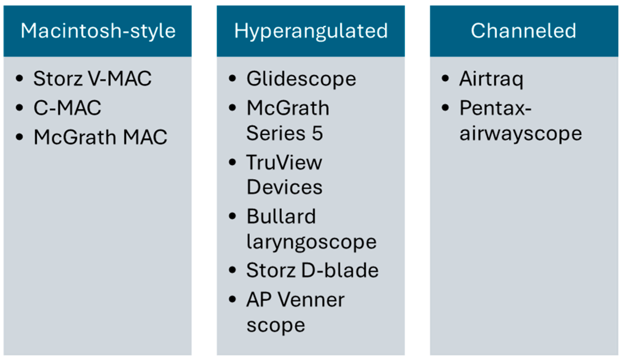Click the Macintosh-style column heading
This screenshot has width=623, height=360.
coord(98,31)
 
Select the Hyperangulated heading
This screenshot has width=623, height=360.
coord(311,31)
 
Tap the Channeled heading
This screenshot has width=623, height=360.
coord(523,31)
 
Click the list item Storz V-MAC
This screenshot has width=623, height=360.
coord(92,79)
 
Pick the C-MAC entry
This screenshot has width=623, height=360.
coord(67,108)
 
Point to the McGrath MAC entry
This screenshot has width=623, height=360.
coord(100,137)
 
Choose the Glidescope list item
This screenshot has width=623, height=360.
coord(301,79)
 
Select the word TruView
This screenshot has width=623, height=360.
coord(284,162)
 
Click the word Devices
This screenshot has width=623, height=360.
coord(284,187)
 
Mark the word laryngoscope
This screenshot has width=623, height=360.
coord(311,242)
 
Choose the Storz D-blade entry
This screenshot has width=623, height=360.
coord(312,270)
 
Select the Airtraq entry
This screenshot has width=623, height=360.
coord(491,79)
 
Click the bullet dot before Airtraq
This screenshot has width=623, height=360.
coord(445,78)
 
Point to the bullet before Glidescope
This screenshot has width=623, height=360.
coord(232,78)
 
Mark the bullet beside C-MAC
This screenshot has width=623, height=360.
coord(19,108)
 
